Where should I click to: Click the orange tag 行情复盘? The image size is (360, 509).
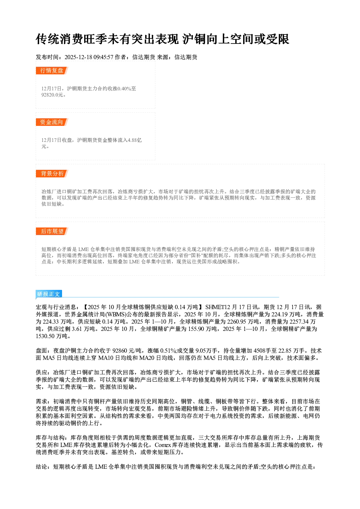click(52, 70)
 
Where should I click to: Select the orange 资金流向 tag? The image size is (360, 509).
click(52, 122)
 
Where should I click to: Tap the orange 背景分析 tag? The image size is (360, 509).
click(52, 174)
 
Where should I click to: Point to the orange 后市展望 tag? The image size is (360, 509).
click(52, 231)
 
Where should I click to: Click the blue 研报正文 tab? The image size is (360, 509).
click(49, 294)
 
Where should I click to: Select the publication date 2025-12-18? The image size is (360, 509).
click(78, 57)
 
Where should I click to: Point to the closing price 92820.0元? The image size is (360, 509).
click(52, 95)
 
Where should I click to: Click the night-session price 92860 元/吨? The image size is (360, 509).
click(128, 350)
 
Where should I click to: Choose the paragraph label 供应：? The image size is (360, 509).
click(44, 373)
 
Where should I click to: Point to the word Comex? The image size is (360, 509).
click(163, 445)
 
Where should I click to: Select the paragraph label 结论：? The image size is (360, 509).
click(44, 467)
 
